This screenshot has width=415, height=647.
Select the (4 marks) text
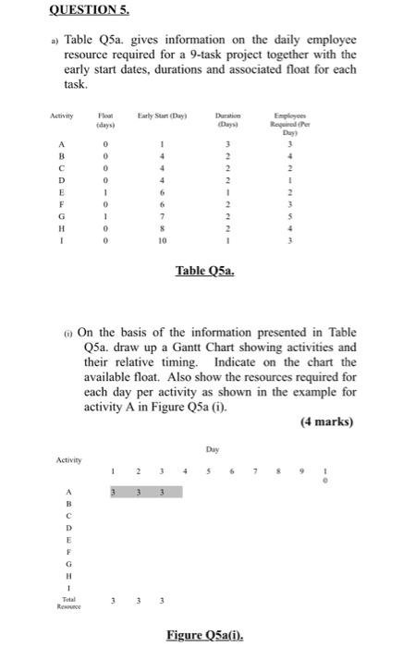pos(327,422)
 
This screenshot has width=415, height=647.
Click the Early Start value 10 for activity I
pos(162,238)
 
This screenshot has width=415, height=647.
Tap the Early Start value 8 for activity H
pos(162,226)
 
